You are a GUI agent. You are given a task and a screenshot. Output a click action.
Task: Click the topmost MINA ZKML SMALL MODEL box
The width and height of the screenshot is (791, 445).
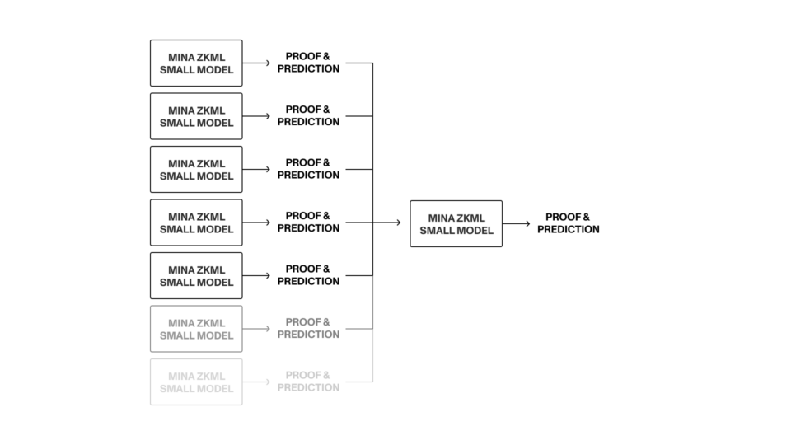coord(196,63)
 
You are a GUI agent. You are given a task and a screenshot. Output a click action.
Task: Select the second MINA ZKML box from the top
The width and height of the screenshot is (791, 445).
coord(196,116)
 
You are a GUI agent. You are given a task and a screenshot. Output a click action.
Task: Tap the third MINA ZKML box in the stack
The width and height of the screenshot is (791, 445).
coord(196,170)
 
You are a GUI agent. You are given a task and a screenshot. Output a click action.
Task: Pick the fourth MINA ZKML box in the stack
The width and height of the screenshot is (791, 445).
coord(196,222)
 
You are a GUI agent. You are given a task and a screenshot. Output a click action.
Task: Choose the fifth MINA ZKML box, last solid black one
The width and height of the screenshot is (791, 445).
coord(196,276)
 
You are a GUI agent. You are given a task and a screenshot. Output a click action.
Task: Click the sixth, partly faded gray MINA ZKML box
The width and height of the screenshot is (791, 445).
coord(196,329)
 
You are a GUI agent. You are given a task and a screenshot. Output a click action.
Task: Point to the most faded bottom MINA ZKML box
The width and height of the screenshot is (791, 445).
coord(196,382)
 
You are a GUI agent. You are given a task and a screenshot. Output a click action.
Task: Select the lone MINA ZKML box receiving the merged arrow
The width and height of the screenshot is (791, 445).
coord(456,223)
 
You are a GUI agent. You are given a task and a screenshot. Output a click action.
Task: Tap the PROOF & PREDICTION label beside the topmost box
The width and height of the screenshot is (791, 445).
coord(308,63)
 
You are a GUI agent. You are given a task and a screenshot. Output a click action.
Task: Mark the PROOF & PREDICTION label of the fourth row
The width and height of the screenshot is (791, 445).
coord(308,222)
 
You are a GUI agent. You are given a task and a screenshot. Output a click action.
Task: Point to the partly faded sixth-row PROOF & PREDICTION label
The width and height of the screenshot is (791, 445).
coord(308,329)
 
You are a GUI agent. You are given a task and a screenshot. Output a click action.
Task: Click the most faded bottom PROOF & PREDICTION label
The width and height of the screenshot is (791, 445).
coord(308,382)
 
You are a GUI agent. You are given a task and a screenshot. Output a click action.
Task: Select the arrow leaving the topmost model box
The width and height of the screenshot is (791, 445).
coord(256,63)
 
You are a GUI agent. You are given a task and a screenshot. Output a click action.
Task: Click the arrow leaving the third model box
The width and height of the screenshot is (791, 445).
coord(256,170)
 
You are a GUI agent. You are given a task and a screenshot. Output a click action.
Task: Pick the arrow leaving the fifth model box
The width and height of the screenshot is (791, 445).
coord(256,276)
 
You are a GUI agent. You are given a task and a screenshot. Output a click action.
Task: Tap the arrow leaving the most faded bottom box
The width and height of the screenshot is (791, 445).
coord(256,382)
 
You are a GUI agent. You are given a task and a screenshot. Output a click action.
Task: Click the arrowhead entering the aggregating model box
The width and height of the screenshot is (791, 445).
coord(397,223)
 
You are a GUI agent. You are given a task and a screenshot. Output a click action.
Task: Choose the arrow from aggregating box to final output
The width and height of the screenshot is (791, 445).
coord(516,223)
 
